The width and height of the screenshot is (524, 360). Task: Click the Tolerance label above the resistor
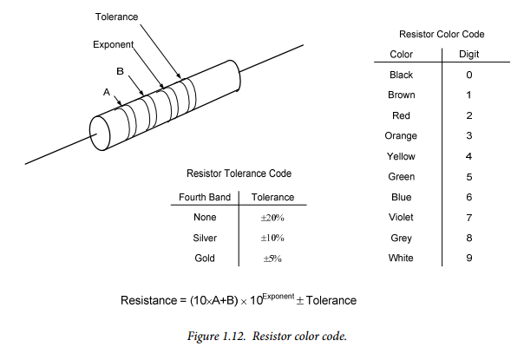(x=116, y=16)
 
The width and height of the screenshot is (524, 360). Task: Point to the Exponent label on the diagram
(x=114, y=44)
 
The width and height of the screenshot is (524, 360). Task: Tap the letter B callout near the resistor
(x=120, y=71)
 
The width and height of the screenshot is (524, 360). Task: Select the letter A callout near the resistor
(x=107, y=92)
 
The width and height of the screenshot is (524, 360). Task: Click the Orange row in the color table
(x=401, y=135)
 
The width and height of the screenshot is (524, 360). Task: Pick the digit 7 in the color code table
(x=469, y=218)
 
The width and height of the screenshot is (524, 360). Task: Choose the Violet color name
(x=401, y=217)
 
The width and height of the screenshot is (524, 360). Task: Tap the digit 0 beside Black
(x=469, y=75)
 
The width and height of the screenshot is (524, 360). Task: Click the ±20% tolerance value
(x=272, y=218)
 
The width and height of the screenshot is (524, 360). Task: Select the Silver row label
(x=205, y=238)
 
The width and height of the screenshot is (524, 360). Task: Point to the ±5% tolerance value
(x=272, y=259)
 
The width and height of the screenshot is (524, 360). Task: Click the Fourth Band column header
(x=205, y=197)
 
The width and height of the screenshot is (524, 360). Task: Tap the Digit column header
(x=468, y=54)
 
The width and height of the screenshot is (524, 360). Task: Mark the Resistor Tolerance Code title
(x=239, y=173)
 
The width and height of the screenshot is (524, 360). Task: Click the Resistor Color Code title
(x=442, y=34)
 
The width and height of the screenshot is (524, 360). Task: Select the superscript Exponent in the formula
(x=278, y=296)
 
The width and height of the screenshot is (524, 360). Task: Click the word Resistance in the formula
(x=149, y=300)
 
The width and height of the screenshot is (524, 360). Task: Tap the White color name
(x=401, y=258)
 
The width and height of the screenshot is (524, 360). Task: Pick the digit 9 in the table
(x=469, y=258)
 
